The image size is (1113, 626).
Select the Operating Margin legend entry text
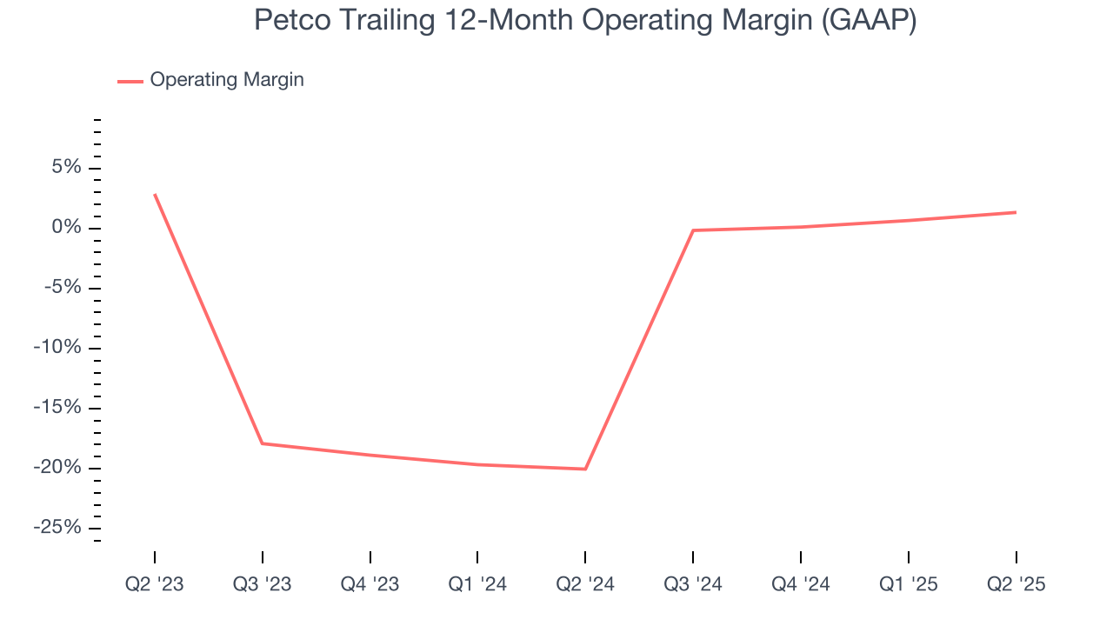(x=227, y=80)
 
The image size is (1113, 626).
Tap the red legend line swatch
(x=130, y=81)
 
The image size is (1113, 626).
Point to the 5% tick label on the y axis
(x=68, y=168)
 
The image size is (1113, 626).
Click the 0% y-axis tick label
(x=68, y=228)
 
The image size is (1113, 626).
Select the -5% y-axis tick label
(x=63, y=288)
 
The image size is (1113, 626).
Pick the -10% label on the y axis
(x=58, y=348)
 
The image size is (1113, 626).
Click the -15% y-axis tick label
(x=58, y=408)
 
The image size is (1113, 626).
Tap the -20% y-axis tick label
(x=58, y=468)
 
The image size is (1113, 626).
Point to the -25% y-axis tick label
(x=58, y=528)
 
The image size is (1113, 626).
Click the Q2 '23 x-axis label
(x=155, y=584)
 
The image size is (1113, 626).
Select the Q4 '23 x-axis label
(x=370, y=584)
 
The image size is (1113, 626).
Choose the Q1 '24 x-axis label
(x=477, y=584)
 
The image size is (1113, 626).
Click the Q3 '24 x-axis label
(x=693, y=584)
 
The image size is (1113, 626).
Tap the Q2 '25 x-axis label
(x=1016, y=584)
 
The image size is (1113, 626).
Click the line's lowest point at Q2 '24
(x=585, y=469)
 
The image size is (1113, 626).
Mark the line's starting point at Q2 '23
(x=155, y=195)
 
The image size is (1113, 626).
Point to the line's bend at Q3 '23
(x=263, y=443)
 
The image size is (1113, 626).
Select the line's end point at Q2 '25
(x=1016, y=212)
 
